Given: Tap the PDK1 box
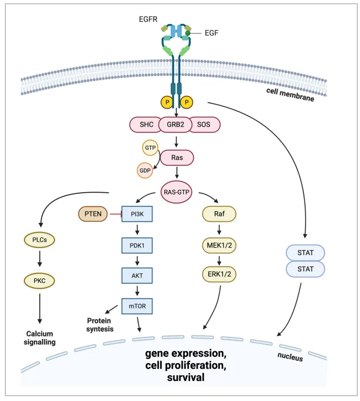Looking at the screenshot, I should click(136, 245).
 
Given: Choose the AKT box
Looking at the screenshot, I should click(136, 276).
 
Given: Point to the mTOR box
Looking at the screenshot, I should click(136, 306).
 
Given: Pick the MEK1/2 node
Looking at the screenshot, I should click(219, 245).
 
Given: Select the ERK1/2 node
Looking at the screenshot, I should click(219, 273).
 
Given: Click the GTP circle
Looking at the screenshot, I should click(150, 147).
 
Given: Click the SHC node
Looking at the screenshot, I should click(146, 125).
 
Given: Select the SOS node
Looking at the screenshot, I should click(205, 125).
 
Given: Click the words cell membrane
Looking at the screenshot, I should click(290, 94).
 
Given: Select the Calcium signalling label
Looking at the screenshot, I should click(40, 337).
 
